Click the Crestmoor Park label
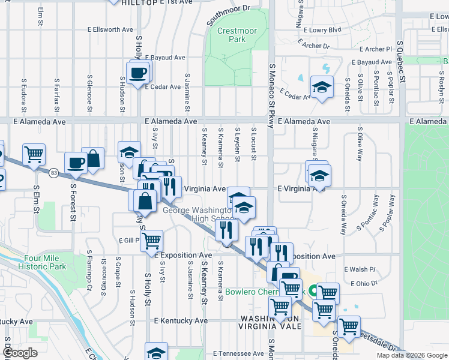pyautogui.click(x=231, y=35)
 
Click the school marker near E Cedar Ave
pyautogui.click(x=322, y=88)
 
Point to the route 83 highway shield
pyautogui.click(x=54, y=173)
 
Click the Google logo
pyautogui.click(x=19, y=353)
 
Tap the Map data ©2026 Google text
pyautogui.click(x=412, y=355)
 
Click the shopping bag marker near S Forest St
pyautogui.click(x=92, y=158)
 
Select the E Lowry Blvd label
pyautogui.click(x=322, y=29)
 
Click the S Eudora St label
pyautogui.click(x=25, y=95)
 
